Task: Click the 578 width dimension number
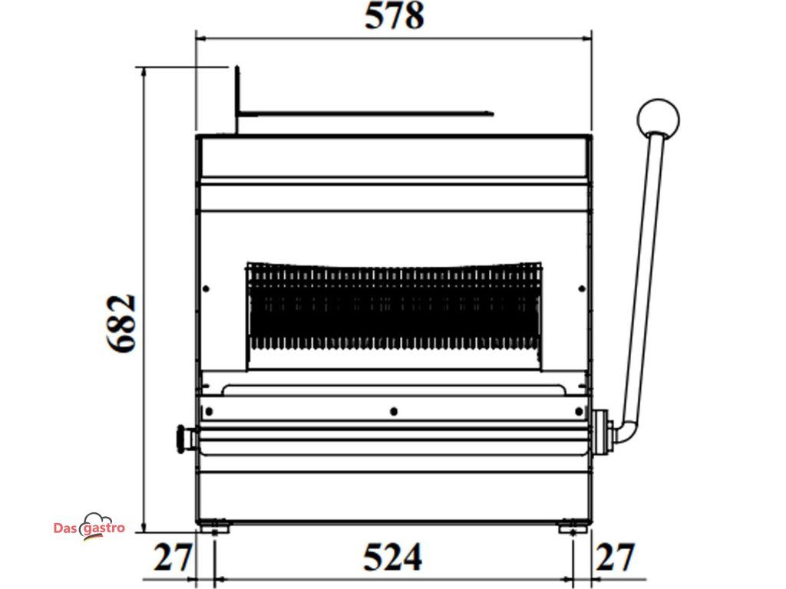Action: coord(394,15)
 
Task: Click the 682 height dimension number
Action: coord(121,324)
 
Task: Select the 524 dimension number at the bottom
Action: coord(392,557)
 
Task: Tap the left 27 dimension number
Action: coord(173,557)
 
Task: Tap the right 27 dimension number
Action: coord(616,557)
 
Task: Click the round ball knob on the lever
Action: coord(658,120)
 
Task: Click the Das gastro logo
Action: coord(89,527)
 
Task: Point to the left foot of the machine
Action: coord(215,528)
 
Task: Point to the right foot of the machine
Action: coord(573,528)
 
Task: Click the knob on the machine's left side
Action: coord(186,439)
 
